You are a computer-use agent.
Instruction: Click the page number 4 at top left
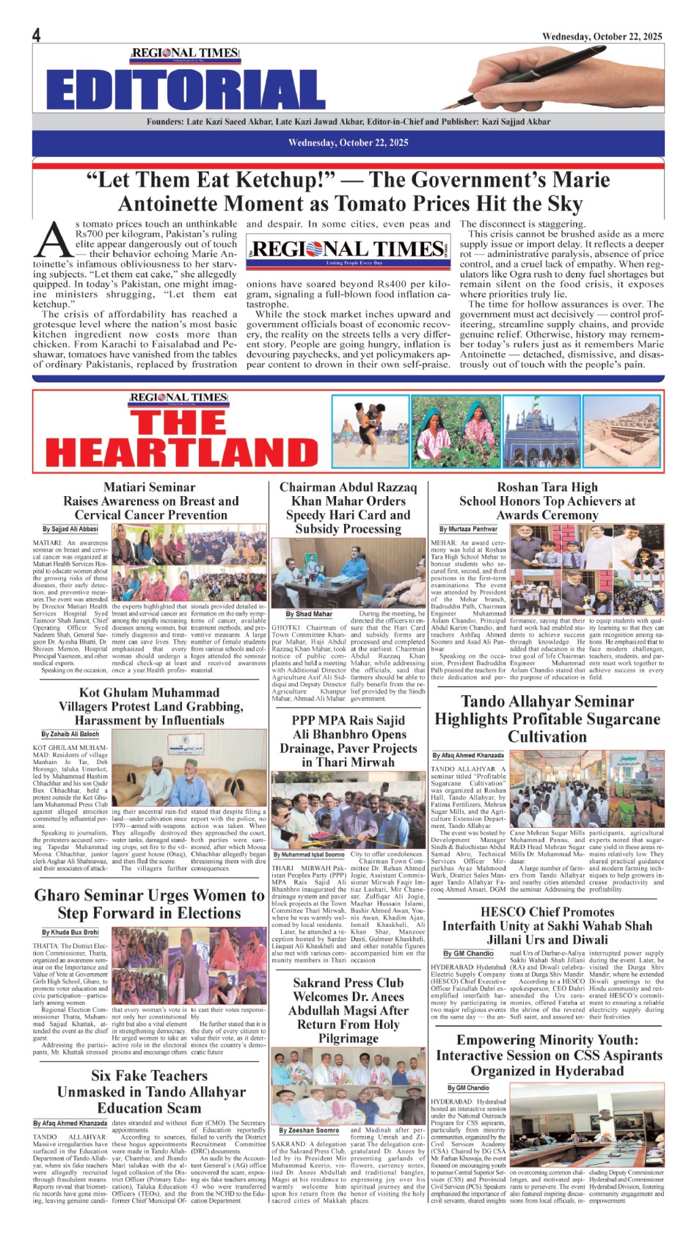pos(37,35)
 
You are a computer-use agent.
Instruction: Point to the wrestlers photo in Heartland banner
pos(370,432)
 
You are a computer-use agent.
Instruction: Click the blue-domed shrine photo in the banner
pos(541,432)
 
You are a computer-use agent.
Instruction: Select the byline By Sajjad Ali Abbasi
pos(70,528)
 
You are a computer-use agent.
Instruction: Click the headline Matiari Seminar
pos(150,487)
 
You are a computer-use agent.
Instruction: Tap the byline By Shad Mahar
pos(309,614)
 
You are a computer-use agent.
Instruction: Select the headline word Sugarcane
pos(597,719)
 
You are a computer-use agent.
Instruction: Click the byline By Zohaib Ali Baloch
pos(70,734)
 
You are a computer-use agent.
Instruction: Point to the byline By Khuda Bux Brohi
pos(70,932)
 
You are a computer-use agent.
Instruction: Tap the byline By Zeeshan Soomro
pos(308,1130)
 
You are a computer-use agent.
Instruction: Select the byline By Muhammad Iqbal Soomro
pos(308,854)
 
